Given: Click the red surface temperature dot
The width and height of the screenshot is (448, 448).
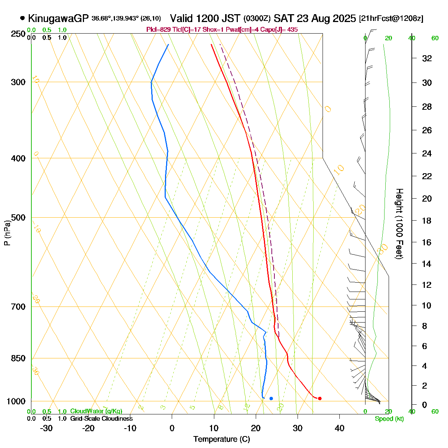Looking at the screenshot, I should pyautogui.click(x=320, y=398).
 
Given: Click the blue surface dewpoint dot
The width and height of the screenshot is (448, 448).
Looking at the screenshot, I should pyautogui.click(x=271, y=398).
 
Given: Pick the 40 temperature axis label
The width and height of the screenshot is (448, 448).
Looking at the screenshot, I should pyautogui.click(x=339, y=428).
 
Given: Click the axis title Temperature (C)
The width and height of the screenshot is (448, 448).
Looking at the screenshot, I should pyautogui.click(x=222, y=439).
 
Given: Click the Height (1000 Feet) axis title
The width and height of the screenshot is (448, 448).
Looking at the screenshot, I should pyautogui.click(x=399, y=224).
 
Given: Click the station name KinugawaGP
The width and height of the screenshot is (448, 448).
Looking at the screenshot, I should pyautogui.click(x=58, y=18).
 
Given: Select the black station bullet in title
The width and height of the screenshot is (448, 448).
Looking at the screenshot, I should pyautogui.click(x=23, y=18).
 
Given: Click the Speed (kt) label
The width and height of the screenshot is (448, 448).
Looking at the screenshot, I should pyautogui.click(x=389, y=419).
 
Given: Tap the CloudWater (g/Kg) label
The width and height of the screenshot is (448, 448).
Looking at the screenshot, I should pyautogui.click(x=96, y=411).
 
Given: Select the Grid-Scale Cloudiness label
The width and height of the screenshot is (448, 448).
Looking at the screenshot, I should pyautogui.click(x=101, y=419).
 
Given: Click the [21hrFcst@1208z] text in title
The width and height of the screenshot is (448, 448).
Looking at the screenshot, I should pyautogui.click(x=391, y=19).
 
